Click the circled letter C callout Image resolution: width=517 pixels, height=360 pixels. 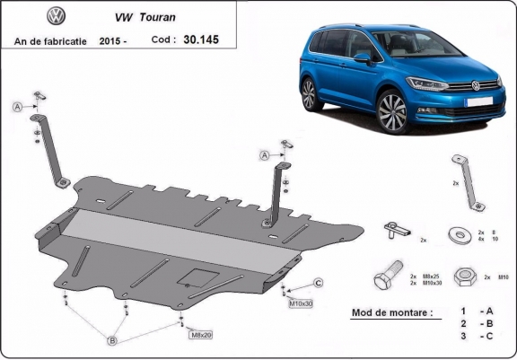click(x=318, y=284)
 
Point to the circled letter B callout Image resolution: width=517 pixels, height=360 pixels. click(x=113, y=340)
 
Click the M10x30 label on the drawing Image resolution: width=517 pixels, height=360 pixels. click(x=301, y=303)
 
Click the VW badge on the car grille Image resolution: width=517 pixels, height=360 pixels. click(x=475, y=87)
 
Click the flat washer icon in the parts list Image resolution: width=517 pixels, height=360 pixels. click(x=461, y=235)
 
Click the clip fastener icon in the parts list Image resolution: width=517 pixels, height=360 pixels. click(x=395, y=230)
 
